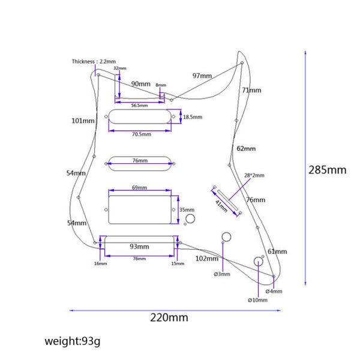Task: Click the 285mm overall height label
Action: point(327,170)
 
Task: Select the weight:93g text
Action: point(72,341)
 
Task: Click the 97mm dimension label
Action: point(202,76)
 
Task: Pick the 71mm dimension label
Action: point(252,90)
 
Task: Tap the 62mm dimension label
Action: point(246,148)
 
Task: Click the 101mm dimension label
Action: point(83,121)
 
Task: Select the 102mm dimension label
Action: point(208,258)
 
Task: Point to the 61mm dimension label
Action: point(277,251)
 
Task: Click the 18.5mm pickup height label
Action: point(193,117)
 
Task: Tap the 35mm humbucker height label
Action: point(187,210)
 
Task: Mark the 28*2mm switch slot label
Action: point(254,176)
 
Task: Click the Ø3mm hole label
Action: point(221,274)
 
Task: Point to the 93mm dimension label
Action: point(139,247)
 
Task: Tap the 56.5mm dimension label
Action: point(139,105)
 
